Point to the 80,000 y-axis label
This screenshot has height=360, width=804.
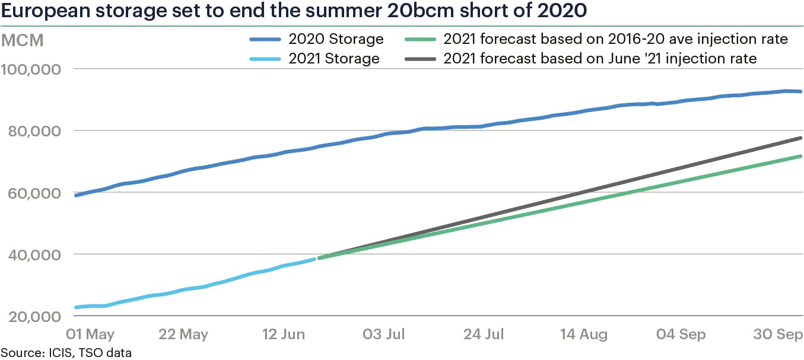[x=34, y=131]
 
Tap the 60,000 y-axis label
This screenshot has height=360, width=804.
[x=34, y=193]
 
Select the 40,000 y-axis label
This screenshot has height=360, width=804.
[x=34, y=254]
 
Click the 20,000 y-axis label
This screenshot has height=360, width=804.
[x=34, y=316]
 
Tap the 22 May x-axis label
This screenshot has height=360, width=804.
[x=184, y=334]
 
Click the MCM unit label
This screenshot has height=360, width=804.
[x=23, y=42]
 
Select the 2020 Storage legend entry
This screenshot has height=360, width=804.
[x=336, y=40]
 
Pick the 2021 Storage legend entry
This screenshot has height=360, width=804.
[x=333, y=59]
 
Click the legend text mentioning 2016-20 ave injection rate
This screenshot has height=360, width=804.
[x=615, y=40]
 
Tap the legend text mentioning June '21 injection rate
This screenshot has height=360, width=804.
[x=600, y=59]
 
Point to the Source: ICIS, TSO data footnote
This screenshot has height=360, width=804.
[x=66, y=353]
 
